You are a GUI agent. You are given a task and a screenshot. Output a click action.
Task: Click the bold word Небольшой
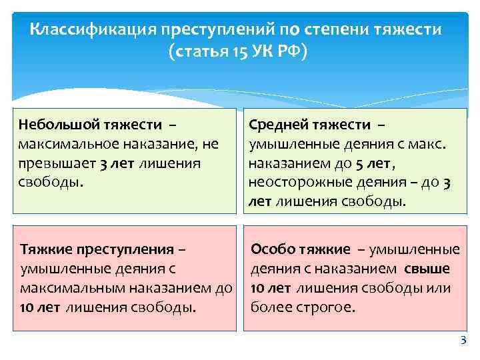pos(55,124)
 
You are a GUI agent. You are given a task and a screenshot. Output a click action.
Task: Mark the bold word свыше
pos(427,269)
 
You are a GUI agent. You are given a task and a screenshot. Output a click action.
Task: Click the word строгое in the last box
pos(325,307)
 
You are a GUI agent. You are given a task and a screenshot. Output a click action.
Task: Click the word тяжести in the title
pos(413,30)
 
